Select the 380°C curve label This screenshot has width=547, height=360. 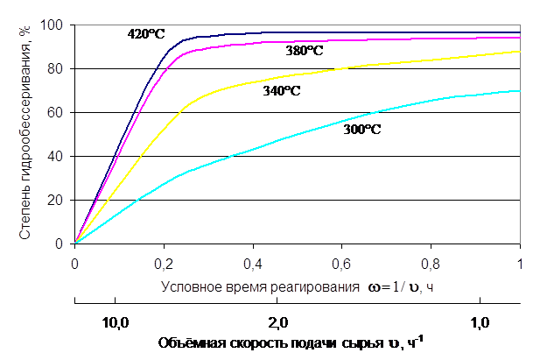tap(304, 51)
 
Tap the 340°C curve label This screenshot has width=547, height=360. tap(281, 90)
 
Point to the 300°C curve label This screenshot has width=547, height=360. tap(363, 129)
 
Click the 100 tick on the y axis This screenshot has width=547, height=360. tap(59, 25)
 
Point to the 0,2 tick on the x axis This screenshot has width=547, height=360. tap(164, 262)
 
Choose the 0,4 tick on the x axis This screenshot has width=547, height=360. tap(253, 262)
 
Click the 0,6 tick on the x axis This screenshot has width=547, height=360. tap(342, 262)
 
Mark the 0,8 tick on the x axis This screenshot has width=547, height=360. tap(431, 262)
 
